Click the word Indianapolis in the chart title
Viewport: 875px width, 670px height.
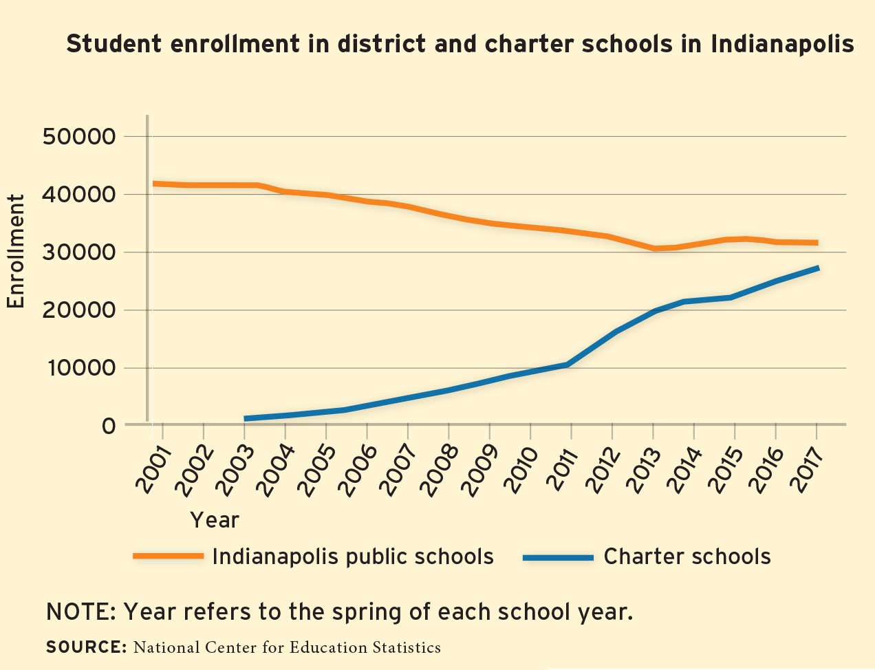[782, 44]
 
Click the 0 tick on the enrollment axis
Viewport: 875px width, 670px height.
[107, 426]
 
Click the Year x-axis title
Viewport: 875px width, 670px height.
[215, 520]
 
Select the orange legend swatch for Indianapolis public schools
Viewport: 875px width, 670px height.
[168, 556]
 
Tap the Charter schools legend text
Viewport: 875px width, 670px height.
[687, 556]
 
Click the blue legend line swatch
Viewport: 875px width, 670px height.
[557, 557]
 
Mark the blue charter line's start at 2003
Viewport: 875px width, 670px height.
[246, 418]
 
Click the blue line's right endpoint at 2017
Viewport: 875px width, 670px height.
[817, 268]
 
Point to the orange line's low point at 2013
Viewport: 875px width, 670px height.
[654, 248]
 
